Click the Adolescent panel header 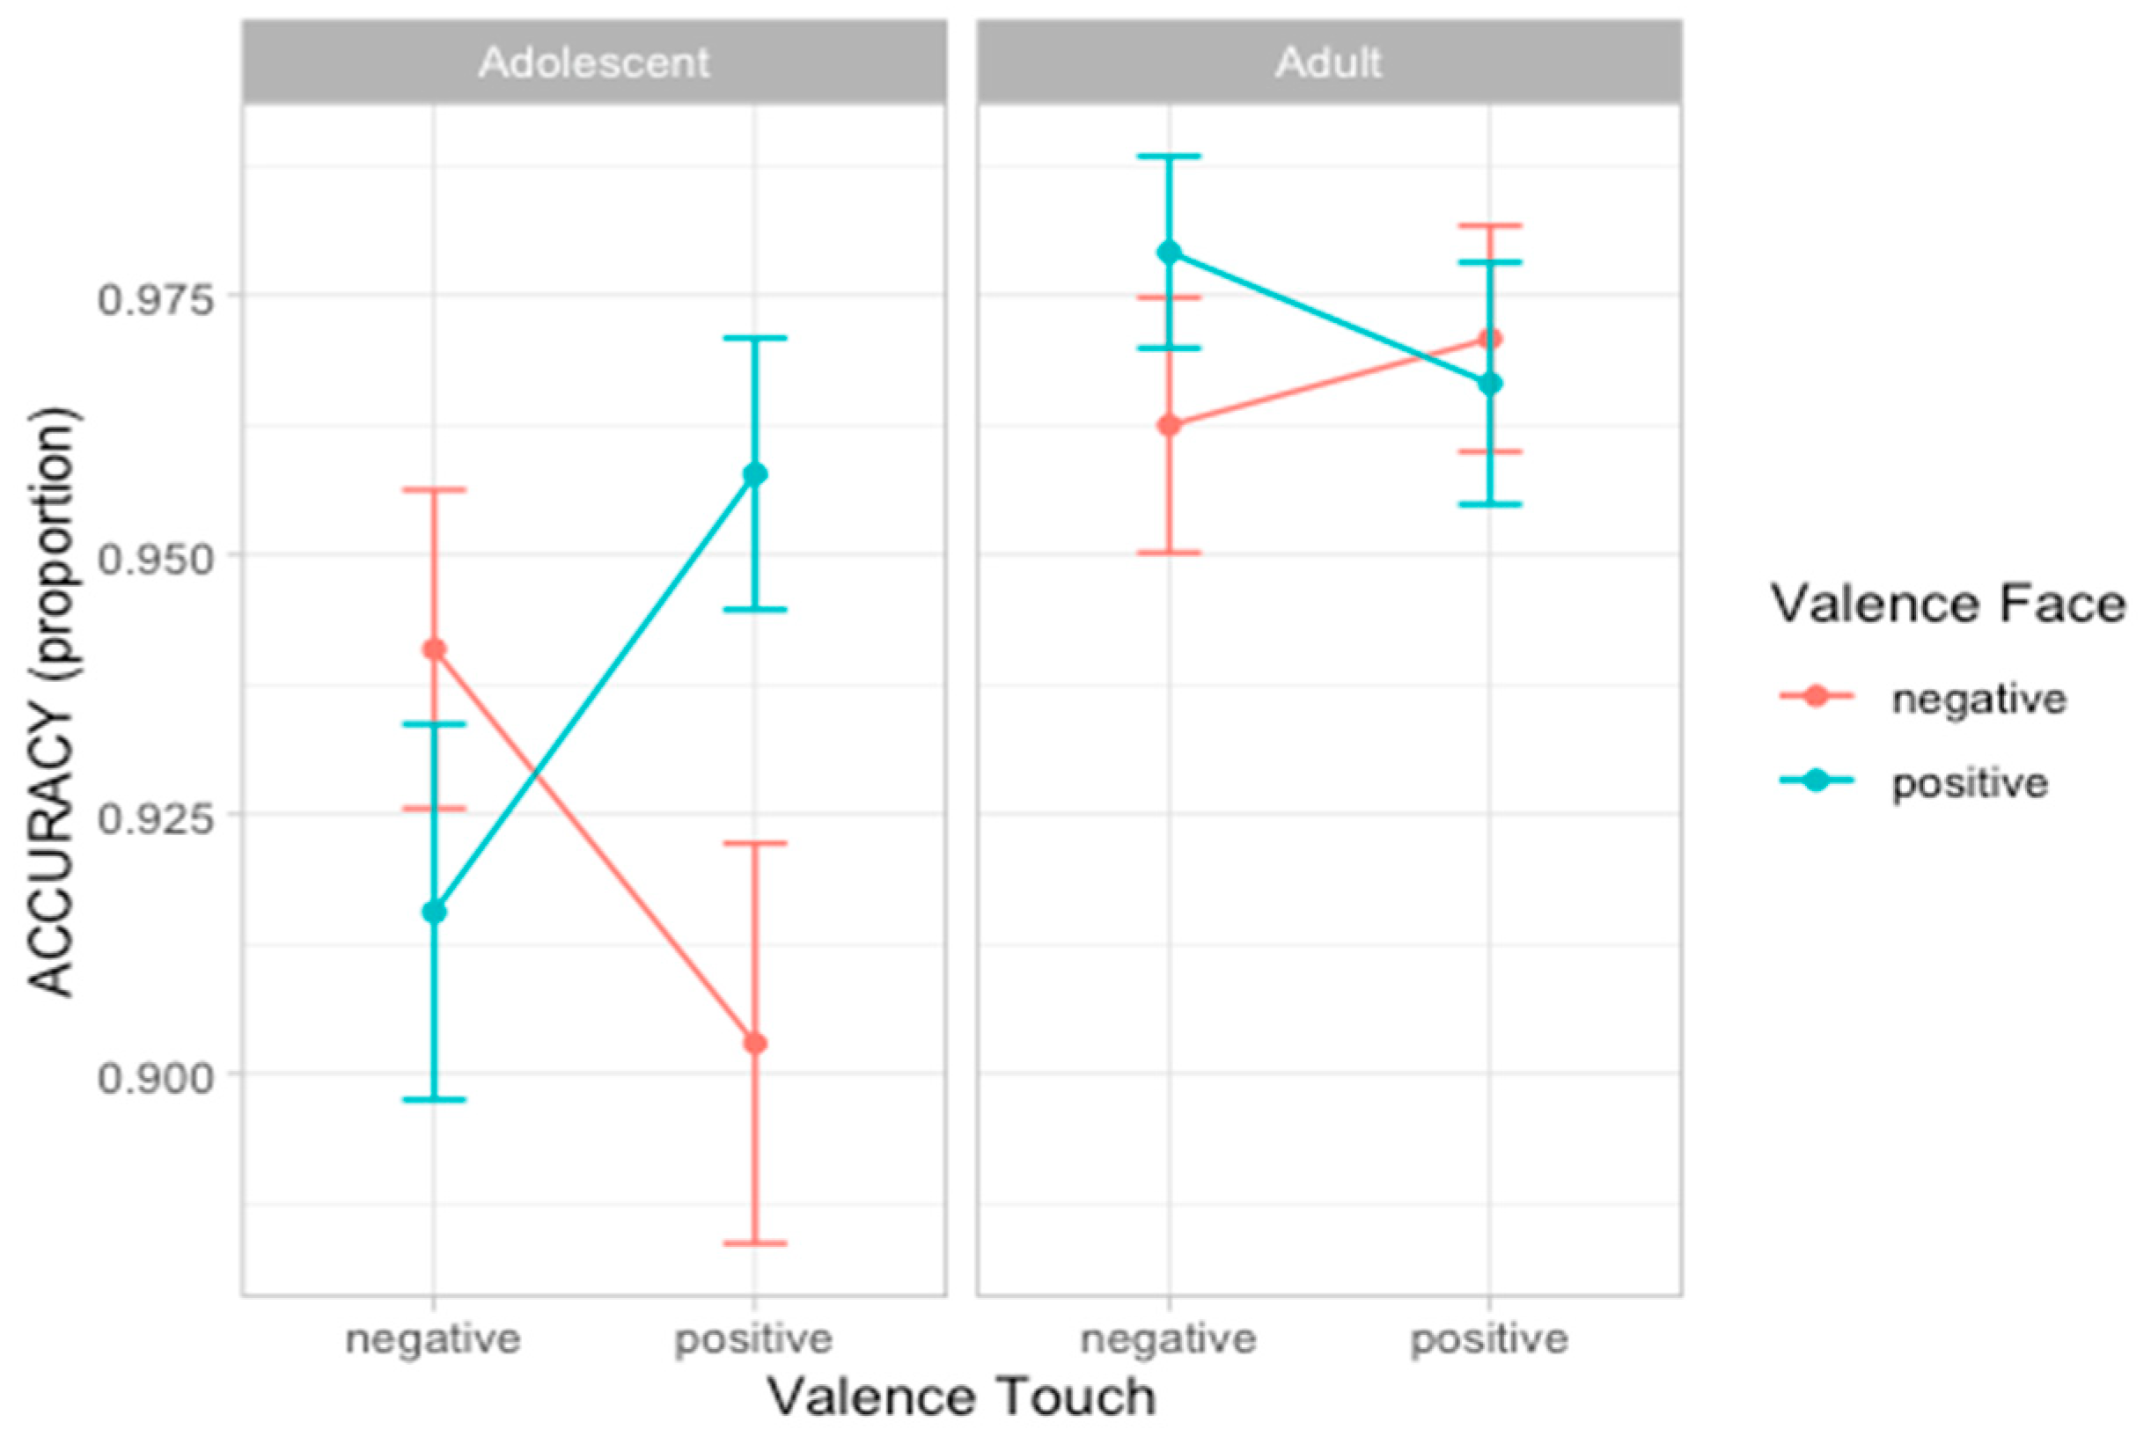click(594, 62)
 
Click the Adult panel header click(1328, 62)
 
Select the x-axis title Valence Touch click(961, 1397)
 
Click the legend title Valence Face click(1948, 605)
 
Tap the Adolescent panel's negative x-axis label click(434, 1339)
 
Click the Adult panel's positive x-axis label click(1489, 1339)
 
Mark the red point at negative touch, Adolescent click(435, 649)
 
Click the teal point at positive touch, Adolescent click(755, 473)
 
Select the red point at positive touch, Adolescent click(755, 1043)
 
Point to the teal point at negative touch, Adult click(1170, 252)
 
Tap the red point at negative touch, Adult click(1170, 425)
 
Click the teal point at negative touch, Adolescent click(435, 912)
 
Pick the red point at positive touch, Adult click(1490, 340)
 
